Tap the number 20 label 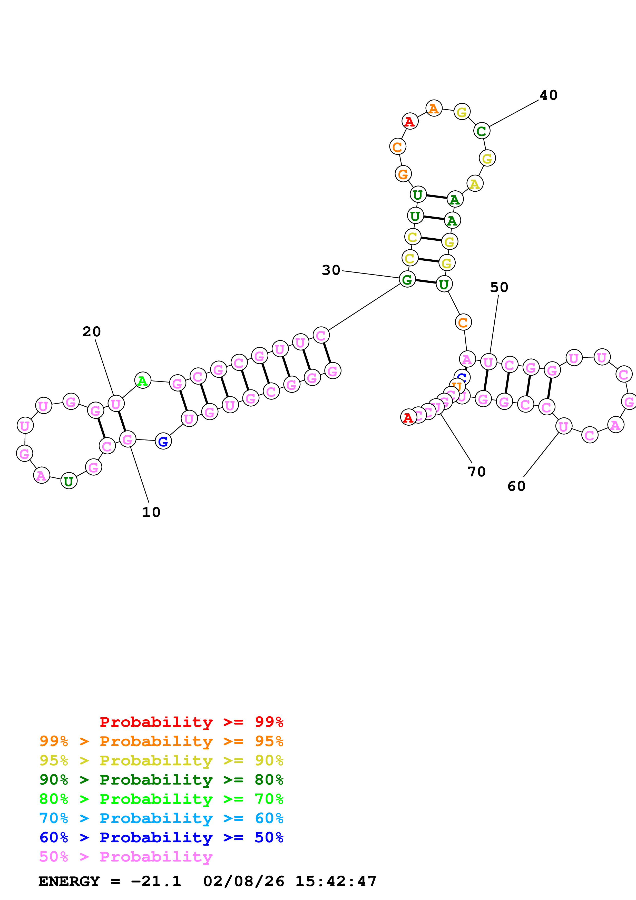click(x=92, y=332)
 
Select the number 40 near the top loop click(x=548, y=95)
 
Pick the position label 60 click(x=516, y=486)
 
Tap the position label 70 click(x=476, y=472)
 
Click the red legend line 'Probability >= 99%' click(x=191, y=722)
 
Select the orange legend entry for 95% click(x=161, y=741)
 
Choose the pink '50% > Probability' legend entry click(x=126, y=856)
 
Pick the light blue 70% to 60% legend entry click(x=161, y=818)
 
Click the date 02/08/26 click(x=244, y=881)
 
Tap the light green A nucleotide click(x=143, y=380)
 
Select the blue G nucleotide click(x=163, y=441)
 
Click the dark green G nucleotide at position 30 click(x=407, y=279)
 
